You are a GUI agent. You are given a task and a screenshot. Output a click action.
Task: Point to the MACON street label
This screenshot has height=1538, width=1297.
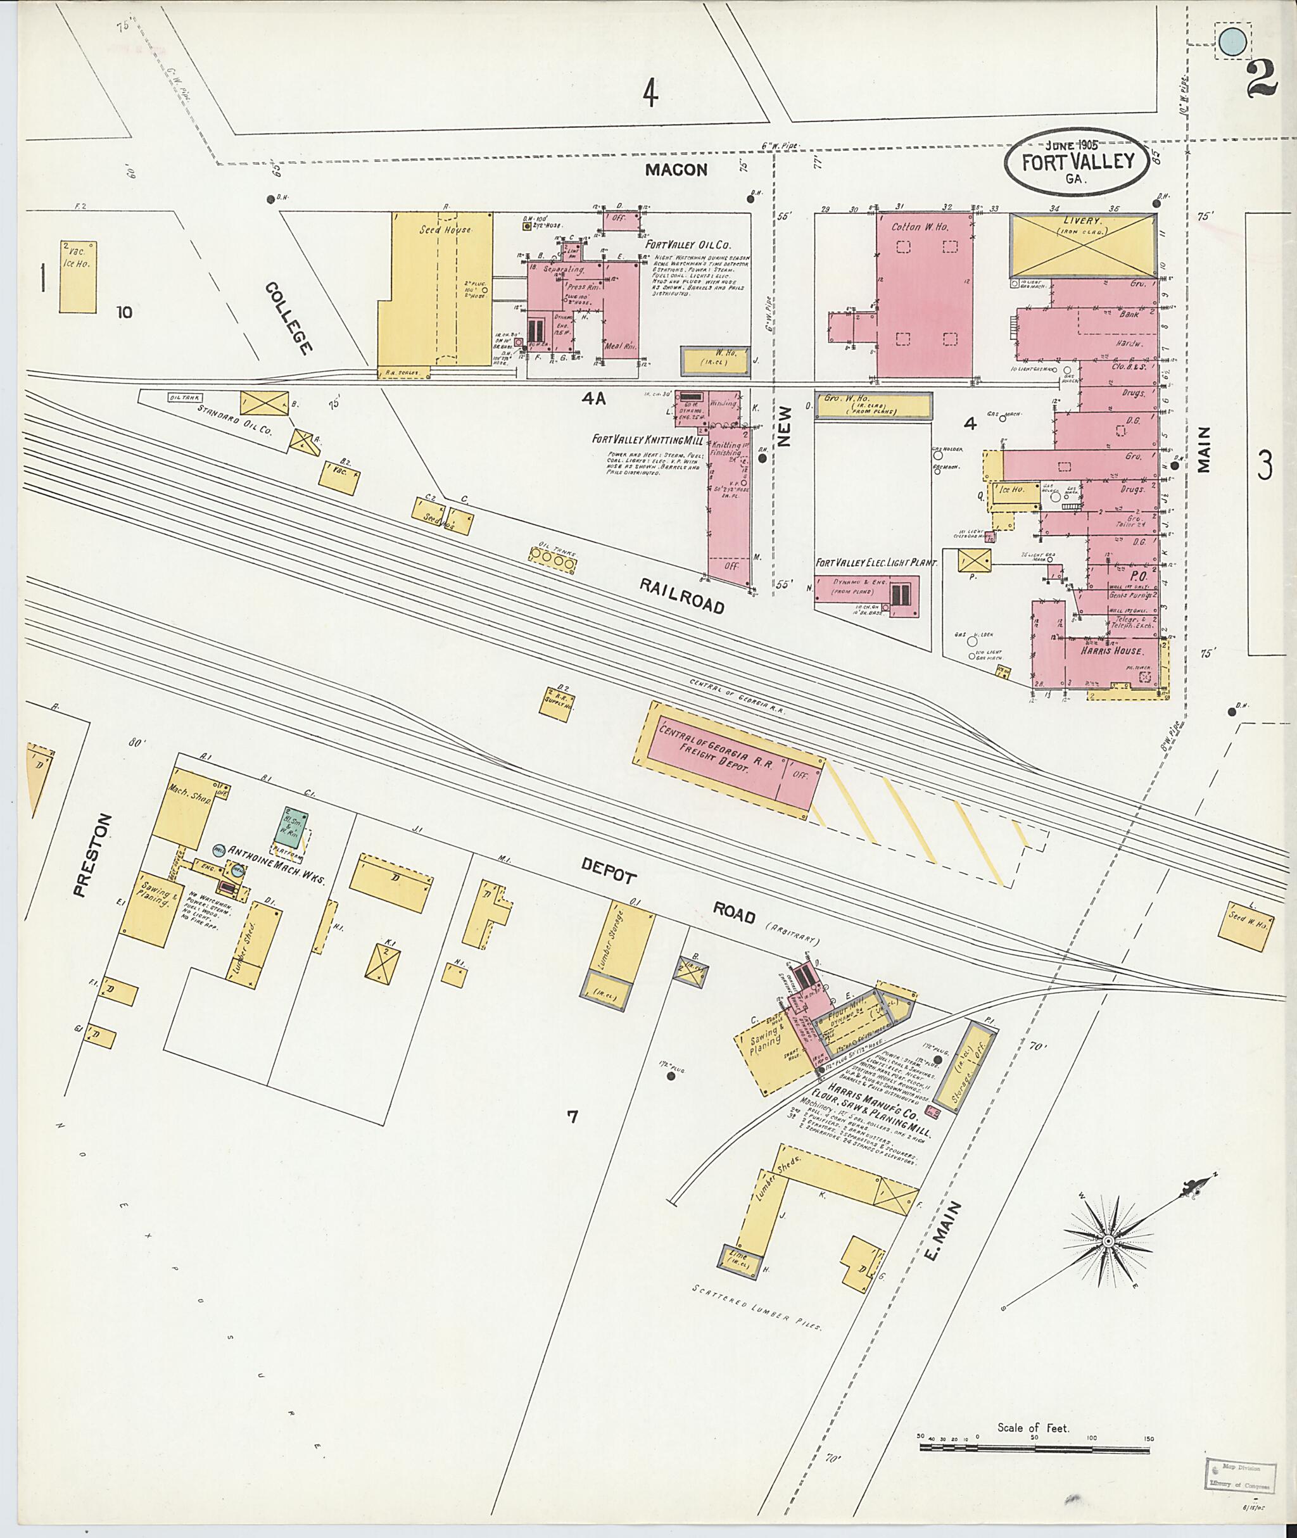pyautogui.click(x=676, y=170)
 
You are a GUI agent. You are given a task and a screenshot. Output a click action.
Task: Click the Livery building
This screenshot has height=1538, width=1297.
pyautogui.click(x=1081, y=246)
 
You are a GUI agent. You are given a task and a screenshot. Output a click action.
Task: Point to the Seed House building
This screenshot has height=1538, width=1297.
pyautogui.click(x=438, y=289)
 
